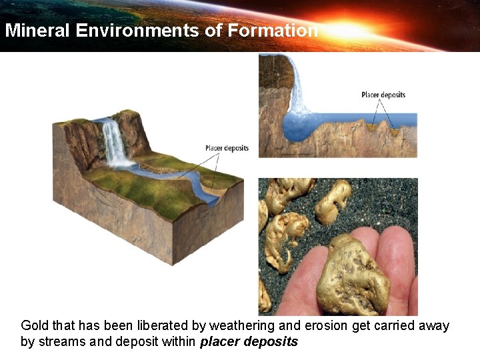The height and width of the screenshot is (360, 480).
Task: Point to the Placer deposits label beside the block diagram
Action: pos(227,148)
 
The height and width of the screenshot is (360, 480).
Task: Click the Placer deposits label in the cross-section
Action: pos(383,95)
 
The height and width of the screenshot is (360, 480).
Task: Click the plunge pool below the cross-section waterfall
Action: pos(306,126)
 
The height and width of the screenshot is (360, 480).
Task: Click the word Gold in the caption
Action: pos(34,326)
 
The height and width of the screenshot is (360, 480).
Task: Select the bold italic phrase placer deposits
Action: pos(249,342)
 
